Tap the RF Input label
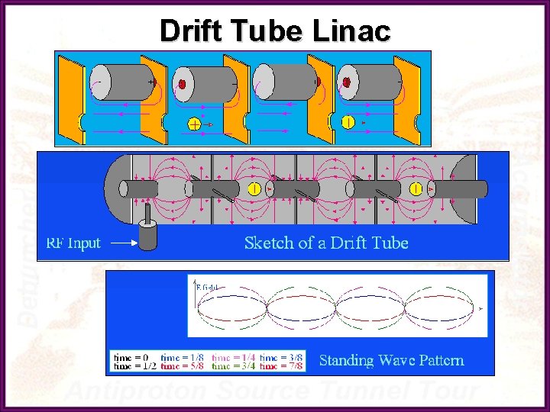tap(73, 243)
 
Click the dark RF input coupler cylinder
tap(147, 235)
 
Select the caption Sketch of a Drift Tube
tap(326, 243)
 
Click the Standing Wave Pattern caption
tap(391, 360)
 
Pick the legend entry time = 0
tap(131, 356)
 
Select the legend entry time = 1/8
tap(183, 356)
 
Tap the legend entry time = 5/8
tap(183, 366)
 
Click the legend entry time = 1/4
tap(233, 356)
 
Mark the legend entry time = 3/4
tap(233, 366)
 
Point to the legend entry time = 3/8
tap(281, 356)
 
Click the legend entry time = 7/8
tap(281, 366)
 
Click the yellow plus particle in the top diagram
tap(195, 124)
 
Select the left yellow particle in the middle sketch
tap(254, 188)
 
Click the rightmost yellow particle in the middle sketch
tap(416, 188)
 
